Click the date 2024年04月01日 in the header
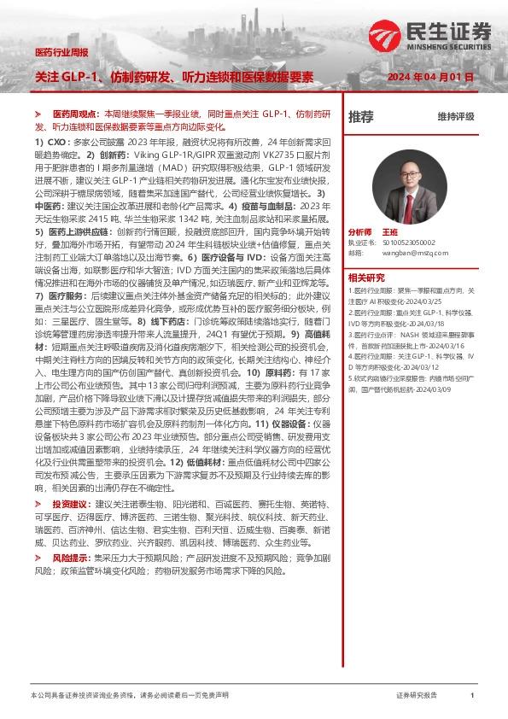pyautogui.click(x=429, y=78)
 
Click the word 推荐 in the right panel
pyautogui.click(x=361, y=118)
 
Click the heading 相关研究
pyautogui.click(x=365, y=278)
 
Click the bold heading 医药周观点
pyautogui.click(x=74, y=114)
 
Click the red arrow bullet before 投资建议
pyautogui.click(x=38, y=504)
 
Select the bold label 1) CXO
pyautogui.click(x=50, y=139)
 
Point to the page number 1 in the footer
pyautogui.click(x=472, y=696)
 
